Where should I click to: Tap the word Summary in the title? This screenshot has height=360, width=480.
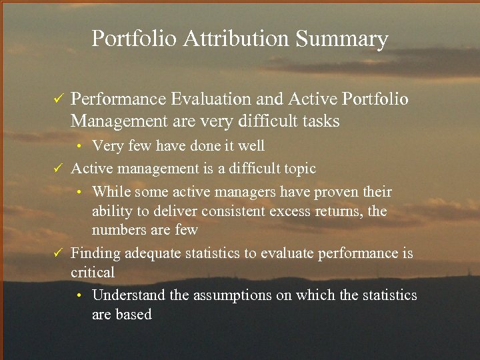(x=341, y=39)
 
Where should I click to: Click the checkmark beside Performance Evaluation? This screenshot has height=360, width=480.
(x=58, y=99)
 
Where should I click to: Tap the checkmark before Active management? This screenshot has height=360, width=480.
(x=58, y=169)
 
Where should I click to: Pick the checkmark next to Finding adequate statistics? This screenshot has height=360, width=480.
(x=58, y=253)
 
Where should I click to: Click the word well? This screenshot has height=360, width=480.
(x=250, y=146)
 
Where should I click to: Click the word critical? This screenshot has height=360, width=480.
(x=93, y=272)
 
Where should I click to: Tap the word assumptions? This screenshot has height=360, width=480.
(x=233, y=295)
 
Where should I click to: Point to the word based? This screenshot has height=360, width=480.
(x=133, y=314)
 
